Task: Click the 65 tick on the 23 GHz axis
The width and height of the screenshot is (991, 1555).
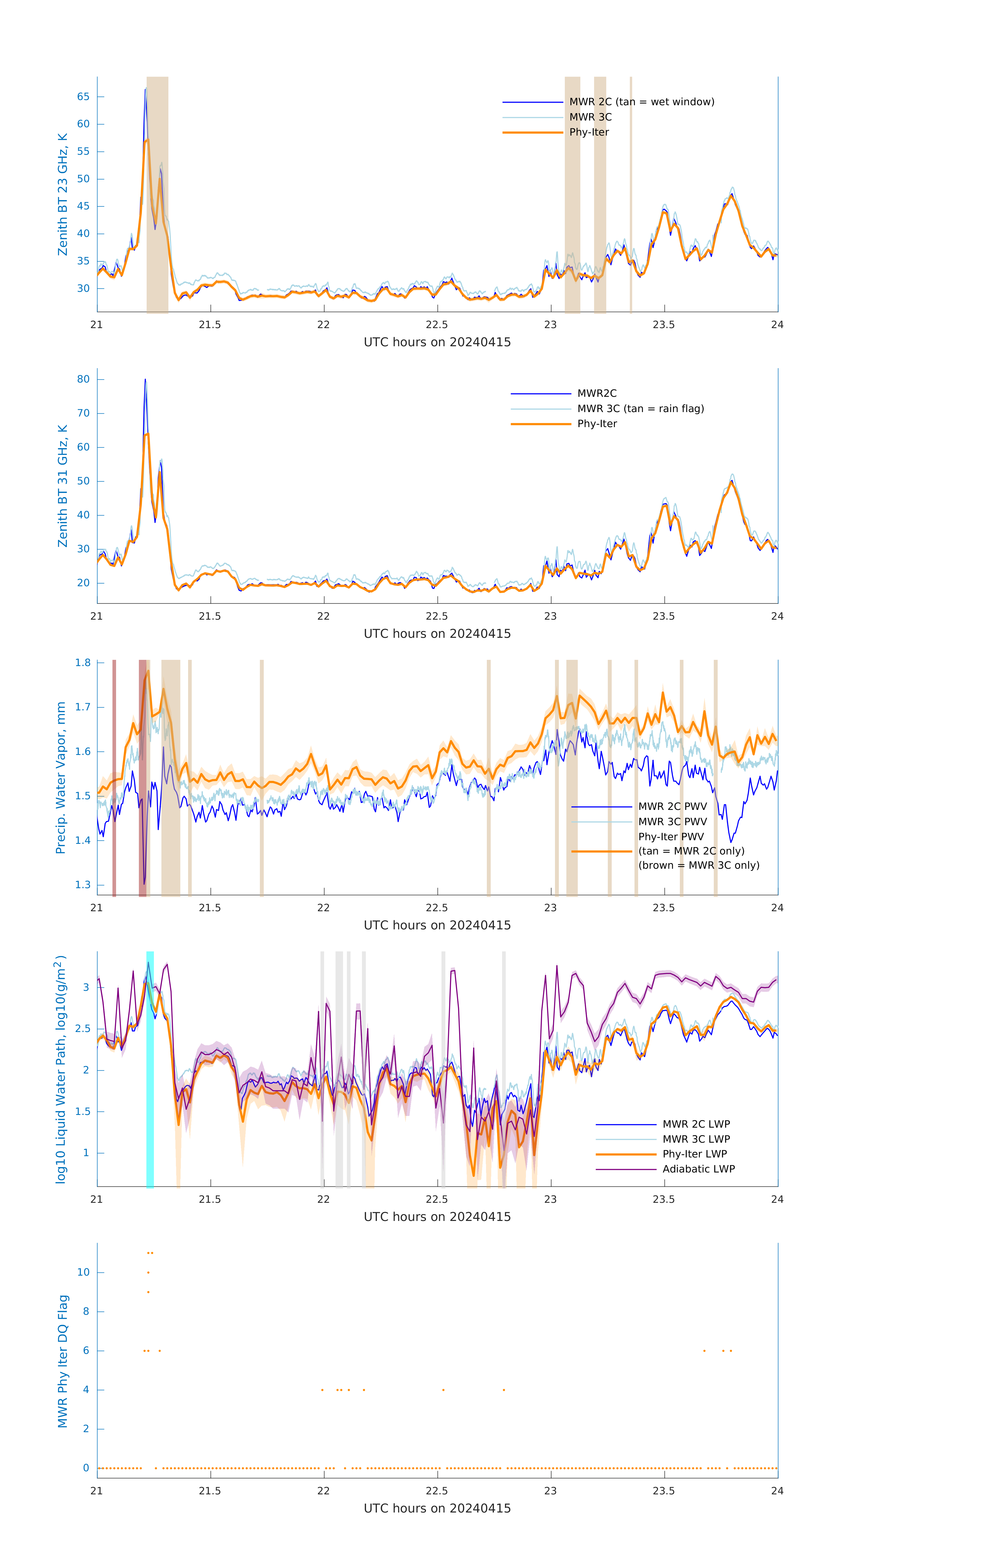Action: [83, 97]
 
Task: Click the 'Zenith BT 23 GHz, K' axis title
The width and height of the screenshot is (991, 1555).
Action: [63, 194]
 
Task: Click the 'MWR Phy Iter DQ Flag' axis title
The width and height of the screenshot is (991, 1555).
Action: [63, 1361]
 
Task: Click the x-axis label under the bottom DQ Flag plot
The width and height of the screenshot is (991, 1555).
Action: [437, 1509]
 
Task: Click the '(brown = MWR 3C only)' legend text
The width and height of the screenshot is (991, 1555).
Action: [698, 865]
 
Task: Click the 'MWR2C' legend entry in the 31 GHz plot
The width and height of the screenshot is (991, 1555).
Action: [596, 393]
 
